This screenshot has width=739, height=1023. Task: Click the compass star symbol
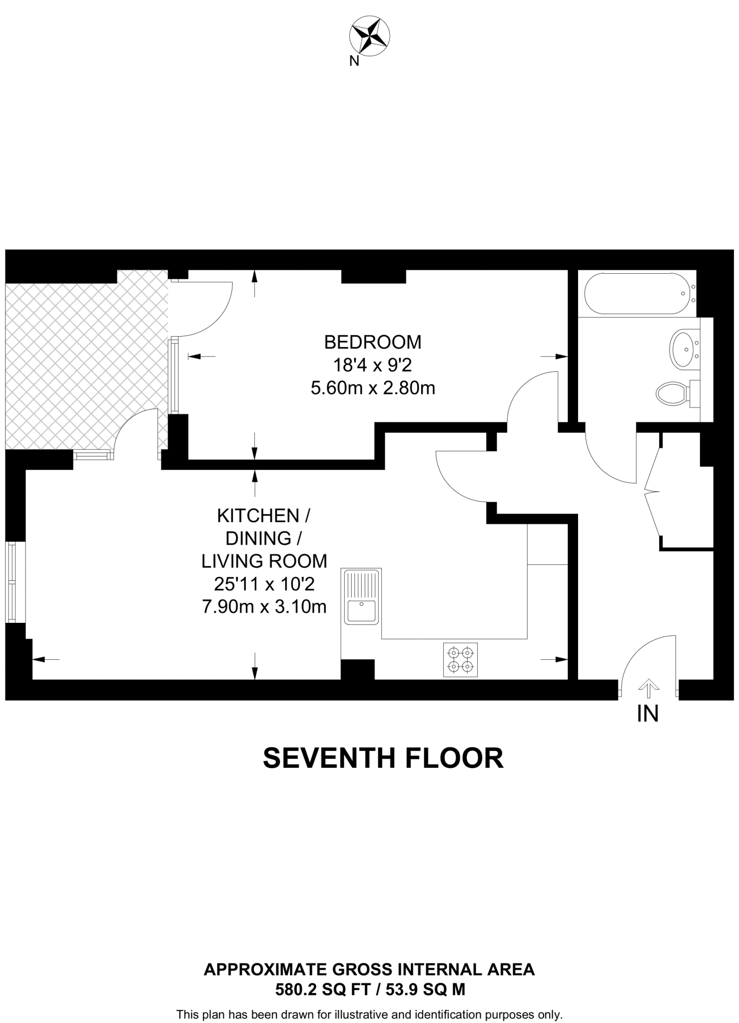coord(369,35)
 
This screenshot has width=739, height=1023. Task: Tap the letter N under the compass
coord(354,61)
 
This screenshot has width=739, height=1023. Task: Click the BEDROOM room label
coord(372,342)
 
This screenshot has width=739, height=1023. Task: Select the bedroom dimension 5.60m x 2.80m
coord(373,388)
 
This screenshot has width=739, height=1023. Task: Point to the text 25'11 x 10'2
coord(264,584)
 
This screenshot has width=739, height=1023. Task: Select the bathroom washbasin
coord(683,349)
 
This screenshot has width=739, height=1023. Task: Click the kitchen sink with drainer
coord(361,596)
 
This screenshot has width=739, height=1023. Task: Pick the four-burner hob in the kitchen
coord(460,659)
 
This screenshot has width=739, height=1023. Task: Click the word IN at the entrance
coord(648,714)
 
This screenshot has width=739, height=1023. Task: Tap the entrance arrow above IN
coord(649,688)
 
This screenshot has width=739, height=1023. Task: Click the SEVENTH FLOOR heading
coord(383,758)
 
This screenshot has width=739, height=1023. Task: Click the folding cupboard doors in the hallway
coord(653,492)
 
